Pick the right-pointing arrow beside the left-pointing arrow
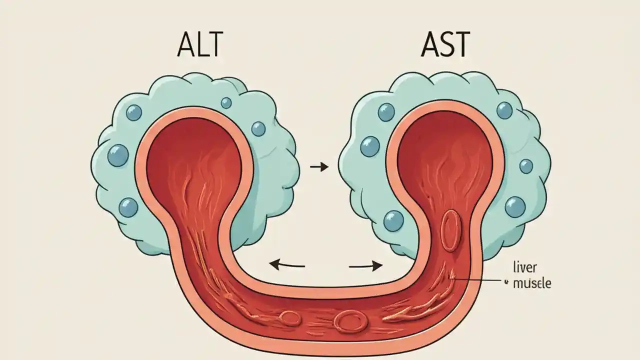pyautogui.click(x=365, y=265)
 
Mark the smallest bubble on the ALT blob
pyautogui.click(x=226, y=103)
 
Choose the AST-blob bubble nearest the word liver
pyautogui.click(x=515, y=206)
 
